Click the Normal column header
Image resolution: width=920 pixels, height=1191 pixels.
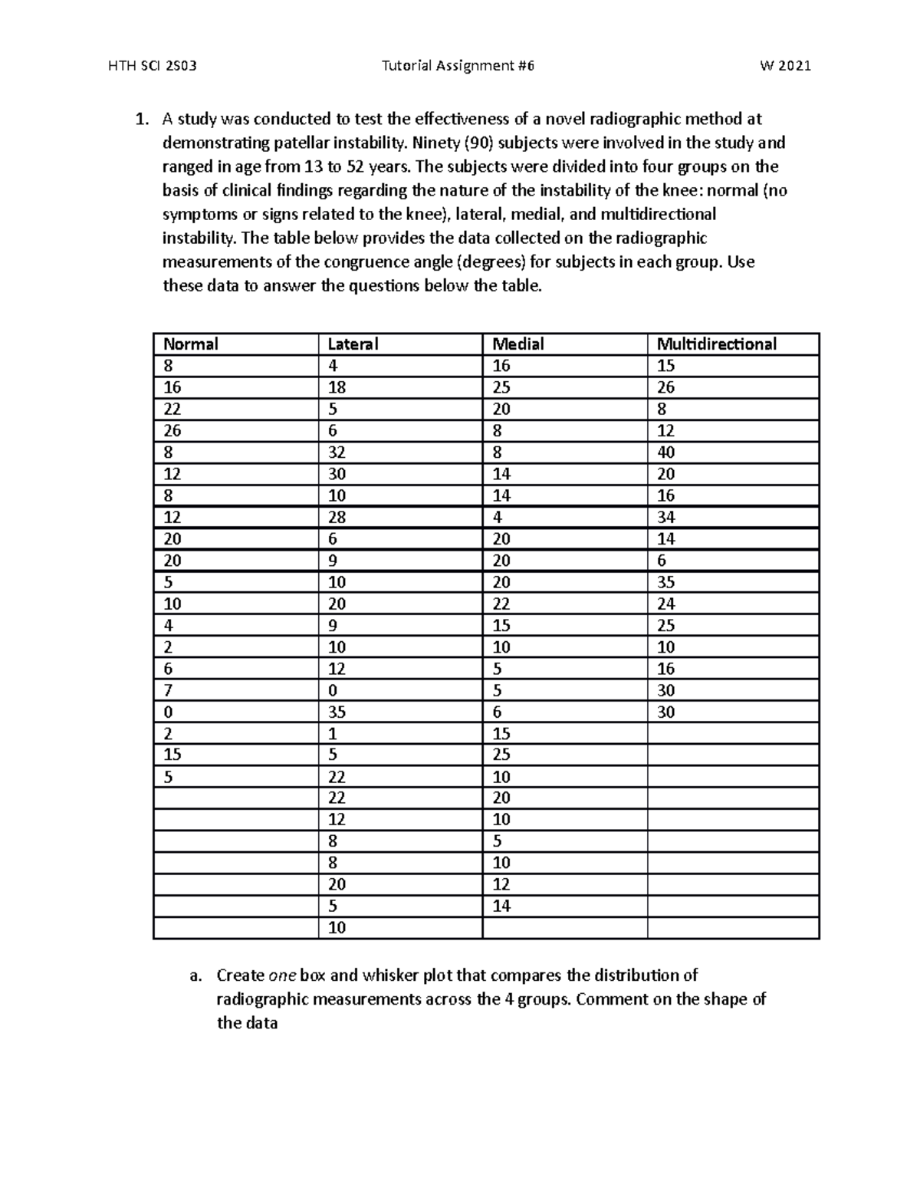click(191, 344)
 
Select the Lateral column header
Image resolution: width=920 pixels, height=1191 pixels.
click(353, 344)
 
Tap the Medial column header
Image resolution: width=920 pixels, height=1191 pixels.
click(518, 344)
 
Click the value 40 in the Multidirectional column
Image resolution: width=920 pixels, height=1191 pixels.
click(665, 452)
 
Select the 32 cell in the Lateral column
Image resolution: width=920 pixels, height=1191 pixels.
click(337, 452)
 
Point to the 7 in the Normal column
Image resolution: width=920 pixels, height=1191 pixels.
click(168, 690)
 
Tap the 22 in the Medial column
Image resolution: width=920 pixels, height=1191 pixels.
click(501, 604)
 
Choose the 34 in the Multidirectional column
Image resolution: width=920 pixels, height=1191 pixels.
click(665, 517)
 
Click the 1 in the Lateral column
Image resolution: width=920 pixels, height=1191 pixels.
click(332, 733)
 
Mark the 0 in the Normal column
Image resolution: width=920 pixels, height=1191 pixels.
click(168, 712)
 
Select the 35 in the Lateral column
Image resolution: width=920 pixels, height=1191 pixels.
click(337, 712)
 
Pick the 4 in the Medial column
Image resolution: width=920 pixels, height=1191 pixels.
click(497, 517)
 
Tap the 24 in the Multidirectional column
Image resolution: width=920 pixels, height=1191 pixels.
click(665, 604)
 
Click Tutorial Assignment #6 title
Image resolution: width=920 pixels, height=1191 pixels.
click(458, 66)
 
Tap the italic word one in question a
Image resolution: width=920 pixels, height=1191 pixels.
click(279, 976)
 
